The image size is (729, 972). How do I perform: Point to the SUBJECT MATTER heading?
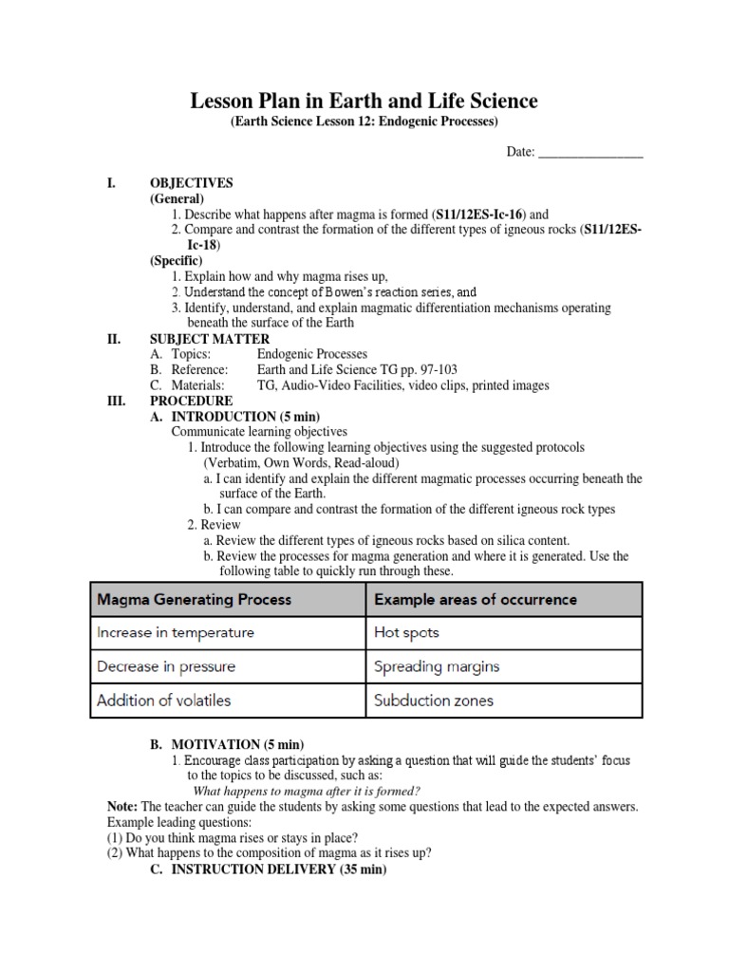(x=210, y=339)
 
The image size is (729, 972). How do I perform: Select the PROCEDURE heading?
(x=191, y=401)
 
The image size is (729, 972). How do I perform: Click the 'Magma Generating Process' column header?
(x=195, y=600)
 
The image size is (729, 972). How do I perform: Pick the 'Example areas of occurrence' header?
(x=476, y=600)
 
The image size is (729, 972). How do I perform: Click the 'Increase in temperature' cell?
(x=176, y=632)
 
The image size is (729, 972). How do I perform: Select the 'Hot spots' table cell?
(x=406, y=632)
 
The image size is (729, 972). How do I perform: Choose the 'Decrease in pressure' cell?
(x=166, y=666)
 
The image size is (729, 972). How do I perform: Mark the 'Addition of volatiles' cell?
(x=163, y=701)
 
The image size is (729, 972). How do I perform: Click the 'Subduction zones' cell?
(x=434, y=701)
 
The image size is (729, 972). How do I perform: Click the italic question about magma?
(x=307, y=792)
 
